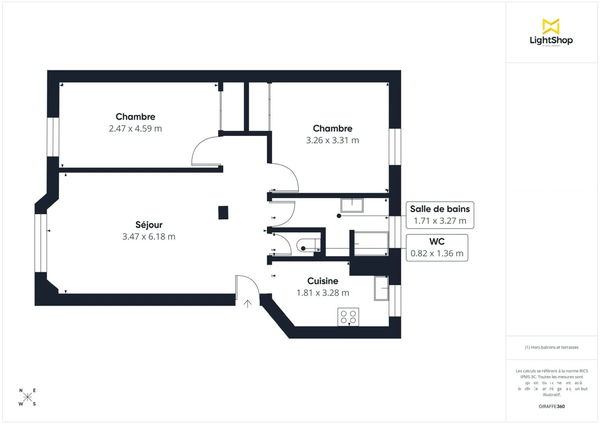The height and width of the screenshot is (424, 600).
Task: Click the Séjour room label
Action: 148,225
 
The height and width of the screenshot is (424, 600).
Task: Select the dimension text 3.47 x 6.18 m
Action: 148,237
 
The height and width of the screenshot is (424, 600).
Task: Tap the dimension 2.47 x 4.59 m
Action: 135,128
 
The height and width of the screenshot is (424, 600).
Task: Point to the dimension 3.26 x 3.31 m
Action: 332,140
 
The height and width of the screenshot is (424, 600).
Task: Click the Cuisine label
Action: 322,281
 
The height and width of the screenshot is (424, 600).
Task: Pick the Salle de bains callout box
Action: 439,215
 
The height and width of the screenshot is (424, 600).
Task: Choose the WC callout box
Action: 436,248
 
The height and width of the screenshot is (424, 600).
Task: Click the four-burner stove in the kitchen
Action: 348,317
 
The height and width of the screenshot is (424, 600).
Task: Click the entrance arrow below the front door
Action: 247,304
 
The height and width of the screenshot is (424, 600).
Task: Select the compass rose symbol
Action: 27,397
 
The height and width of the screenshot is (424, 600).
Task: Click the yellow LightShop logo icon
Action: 550,26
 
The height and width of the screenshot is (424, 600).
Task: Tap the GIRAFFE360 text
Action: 552,407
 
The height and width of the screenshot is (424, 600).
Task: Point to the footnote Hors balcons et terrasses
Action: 551,347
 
